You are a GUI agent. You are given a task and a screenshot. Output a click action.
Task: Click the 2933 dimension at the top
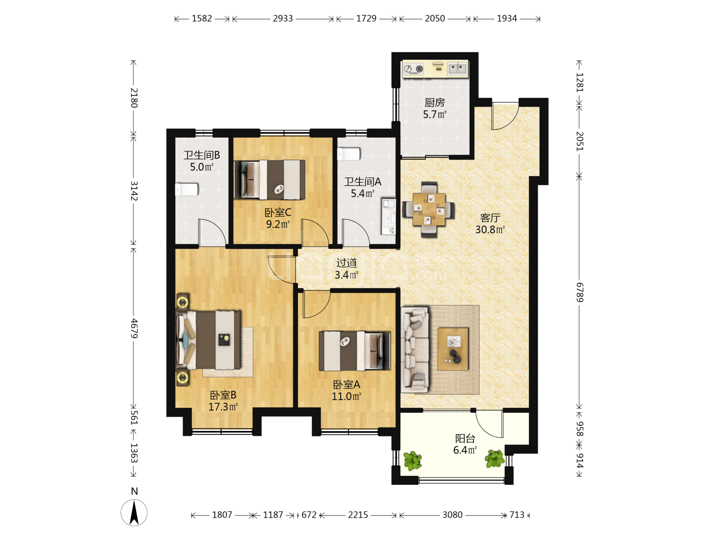[283, 18]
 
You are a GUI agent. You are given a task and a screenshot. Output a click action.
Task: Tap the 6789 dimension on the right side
[579, 292]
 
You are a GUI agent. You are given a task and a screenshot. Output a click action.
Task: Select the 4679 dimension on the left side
[134, 329]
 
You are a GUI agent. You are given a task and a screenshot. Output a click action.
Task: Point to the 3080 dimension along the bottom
[452, 515]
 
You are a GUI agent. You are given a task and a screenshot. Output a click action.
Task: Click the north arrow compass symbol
[134, 513]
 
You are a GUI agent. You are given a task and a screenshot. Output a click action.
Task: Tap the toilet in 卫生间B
[187, 189]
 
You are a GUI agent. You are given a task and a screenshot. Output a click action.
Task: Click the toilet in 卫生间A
[349, 154]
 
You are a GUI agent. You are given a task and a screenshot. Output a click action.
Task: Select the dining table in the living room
[429, 209]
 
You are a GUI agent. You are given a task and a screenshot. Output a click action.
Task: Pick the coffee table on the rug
[453, 349]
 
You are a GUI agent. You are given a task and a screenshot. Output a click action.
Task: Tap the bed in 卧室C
[270, 179]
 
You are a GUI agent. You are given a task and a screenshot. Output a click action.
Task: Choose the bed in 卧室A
[355, 351]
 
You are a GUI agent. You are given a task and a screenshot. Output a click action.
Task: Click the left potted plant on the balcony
[413, 461]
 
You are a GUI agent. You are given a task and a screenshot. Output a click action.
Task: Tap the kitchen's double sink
[457, 69]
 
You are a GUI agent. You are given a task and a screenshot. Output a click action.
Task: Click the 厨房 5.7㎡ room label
[435, 109]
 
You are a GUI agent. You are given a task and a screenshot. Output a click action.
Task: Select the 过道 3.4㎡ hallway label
[346, 269]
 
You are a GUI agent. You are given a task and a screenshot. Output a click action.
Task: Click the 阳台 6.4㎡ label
[465, 444]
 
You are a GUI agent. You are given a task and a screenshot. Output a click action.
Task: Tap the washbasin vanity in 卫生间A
[388, 217]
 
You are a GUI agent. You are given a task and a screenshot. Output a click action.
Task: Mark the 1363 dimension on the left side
[134, 453]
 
